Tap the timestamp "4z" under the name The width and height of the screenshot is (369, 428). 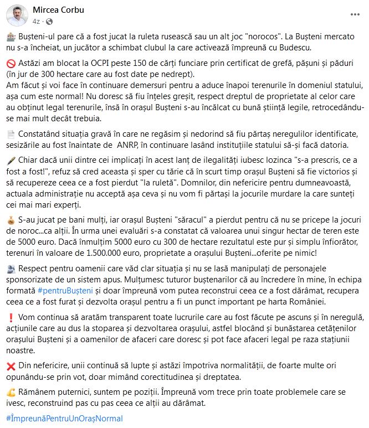pos(36,21)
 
